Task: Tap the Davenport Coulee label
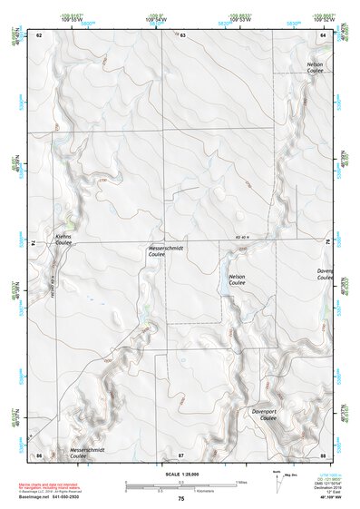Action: (270, 415)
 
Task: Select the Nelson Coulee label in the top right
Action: (315, 67)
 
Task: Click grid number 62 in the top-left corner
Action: (39, 34)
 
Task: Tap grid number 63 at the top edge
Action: (182, 34)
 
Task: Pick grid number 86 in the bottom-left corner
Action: (39, 454)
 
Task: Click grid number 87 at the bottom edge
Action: (181, 454)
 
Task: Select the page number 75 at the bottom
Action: (180, 499)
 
